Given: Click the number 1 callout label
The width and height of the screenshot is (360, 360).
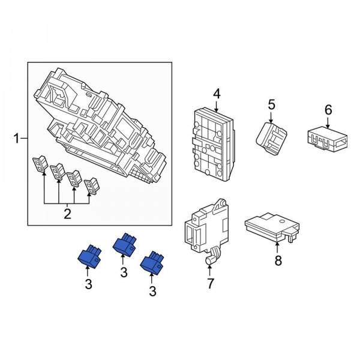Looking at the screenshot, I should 17,140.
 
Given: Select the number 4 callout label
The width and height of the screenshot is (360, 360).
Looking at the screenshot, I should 217,94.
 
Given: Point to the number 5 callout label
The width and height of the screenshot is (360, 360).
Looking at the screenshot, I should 271,105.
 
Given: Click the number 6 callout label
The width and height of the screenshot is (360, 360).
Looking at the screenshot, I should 328,110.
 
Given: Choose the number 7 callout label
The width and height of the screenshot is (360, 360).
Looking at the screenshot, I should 210,284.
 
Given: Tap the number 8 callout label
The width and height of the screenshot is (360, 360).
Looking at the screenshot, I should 277,261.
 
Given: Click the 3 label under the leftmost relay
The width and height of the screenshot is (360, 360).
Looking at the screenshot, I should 88,285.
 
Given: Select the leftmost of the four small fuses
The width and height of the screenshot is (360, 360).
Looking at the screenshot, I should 40,166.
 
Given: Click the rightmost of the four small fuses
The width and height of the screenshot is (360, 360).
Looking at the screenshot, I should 92,187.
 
